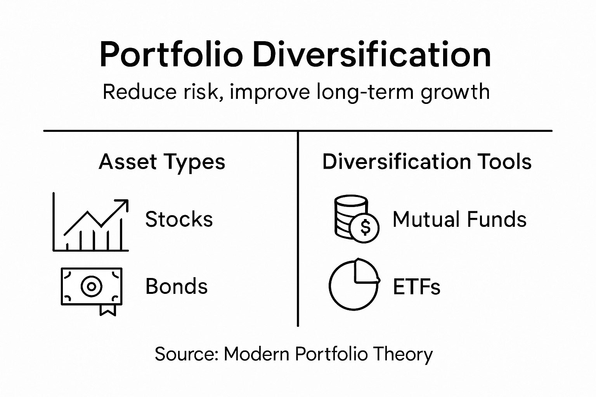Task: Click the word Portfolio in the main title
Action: tap(171, 55)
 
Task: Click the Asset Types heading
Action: tap(162, 162)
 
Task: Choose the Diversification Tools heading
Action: tap(427, 162)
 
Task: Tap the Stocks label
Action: tap(179, 219)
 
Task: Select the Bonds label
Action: tap(177, 287)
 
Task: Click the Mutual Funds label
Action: tap(459, 219)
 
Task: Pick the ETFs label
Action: tap(416, 287)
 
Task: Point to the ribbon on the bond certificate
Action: tap(108, 309)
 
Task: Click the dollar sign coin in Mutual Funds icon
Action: tap(365, 228)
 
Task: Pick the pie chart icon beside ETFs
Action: tap(353, 285)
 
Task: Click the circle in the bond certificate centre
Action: tap(92, 287)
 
